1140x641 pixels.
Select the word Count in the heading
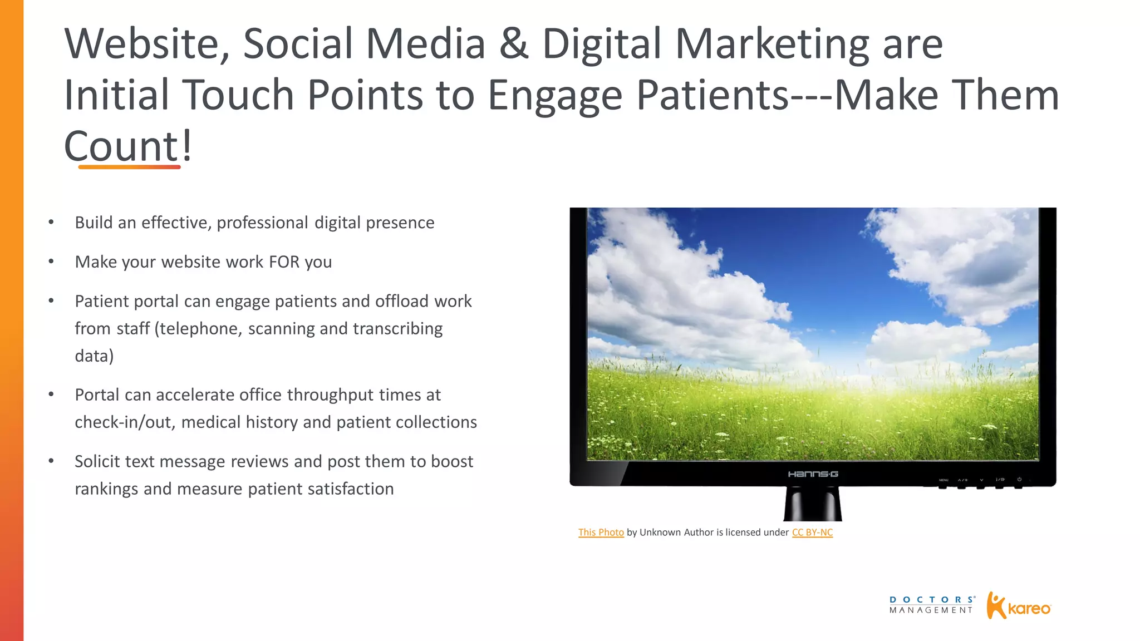tap(121, 146)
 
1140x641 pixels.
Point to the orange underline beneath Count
tap(129, 166)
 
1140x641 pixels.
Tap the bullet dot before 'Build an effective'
tap(51, 223)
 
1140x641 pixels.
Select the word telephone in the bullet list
tap(200, 328)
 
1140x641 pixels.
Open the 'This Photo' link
tap(601, 532)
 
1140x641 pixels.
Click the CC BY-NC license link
tap(812, 532)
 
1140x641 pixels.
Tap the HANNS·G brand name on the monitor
tap(813, 474)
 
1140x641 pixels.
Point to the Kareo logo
tap(1018, 606)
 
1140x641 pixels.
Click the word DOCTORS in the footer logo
tap(932, 600)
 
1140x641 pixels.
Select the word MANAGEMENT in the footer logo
tap(931, 610)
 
